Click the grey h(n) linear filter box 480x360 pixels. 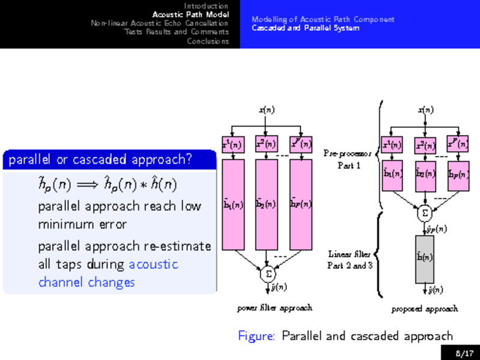[x=425, y=259]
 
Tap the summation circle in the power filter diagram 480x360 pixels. [x=268, y=274]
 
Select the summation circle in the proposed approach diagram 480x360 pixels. [x=425, y=212]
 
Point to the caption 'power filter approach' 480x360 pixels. [x=274, y=308]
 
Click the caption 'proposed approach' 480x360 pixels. [x=424, y=308]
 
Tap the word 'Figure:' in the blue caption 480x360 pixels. [x=257, y=336]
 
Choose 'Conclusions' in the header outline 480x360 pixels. [x=208, y=41]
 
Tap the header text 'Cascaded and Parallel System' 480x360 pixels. [x=305, y=28]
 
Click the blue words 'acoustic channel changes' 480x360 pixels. [x=108, y=273]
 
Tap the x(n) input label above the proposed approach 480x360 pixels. [x=425, y=110]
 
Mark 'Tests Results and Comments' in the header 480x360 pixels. [x=176, y=32]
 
